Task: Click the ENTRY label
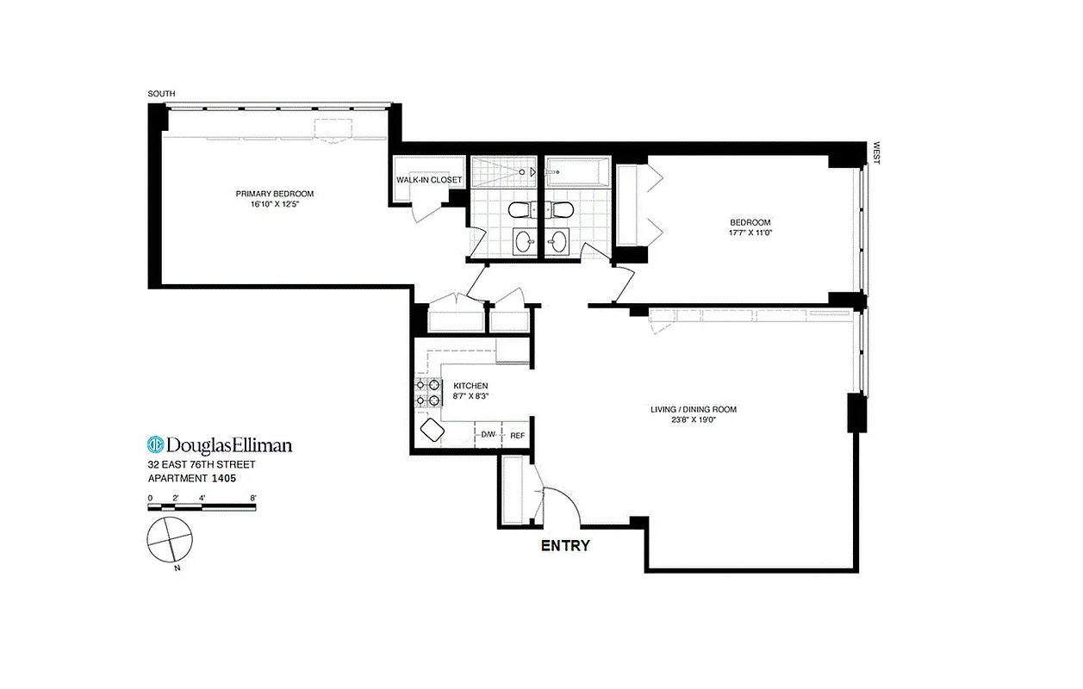(564, 545)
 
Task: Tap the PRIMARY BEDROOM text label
(275, 194)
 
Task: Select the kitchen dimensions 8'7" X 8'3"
(470, 396)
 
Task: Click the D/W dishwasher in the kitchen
(489, 435)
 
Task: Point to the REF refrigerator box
(517, 435)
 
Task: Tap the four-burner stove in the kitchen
(428, 392)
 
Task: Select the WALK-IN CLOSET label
(428, 180)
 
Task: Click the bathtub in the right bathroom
(578, 172)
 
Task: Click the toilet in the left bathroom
(520, 209)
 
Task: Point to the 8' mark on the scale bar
(253, 498)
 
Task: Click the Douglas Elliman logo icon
(156, 444)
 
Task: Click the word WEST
(876, 153)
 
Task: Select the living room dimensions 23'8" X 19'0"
(694, 420)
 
